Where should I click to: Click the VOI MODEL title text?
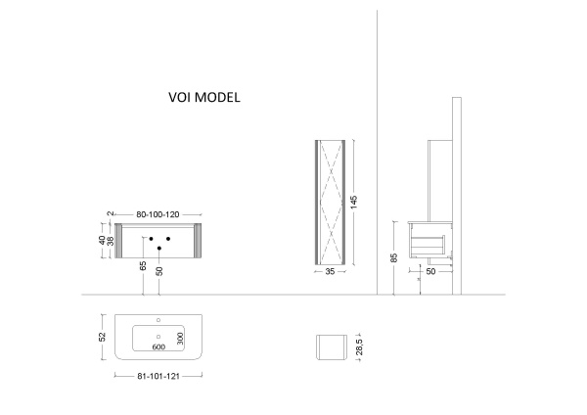click(x=205, y=99)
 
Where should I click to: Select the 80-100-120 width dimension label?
click(x=158, y=213)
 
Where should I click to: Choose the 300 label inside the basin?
click(x=180, y=339)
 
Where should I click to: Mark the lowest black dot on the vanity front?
click(x=158, y=248)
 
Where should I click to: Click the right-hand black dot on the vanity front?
click(x=168, y=238)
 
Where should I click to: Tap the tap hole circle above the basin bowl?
click(x=159, y=320)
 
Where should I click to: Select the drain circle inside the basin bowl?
click(x=158, y=334)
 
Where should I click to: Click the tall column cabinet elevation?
click(x=330, y=202)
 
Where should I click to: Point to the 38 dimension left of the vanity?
click(x=109, y=241)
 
